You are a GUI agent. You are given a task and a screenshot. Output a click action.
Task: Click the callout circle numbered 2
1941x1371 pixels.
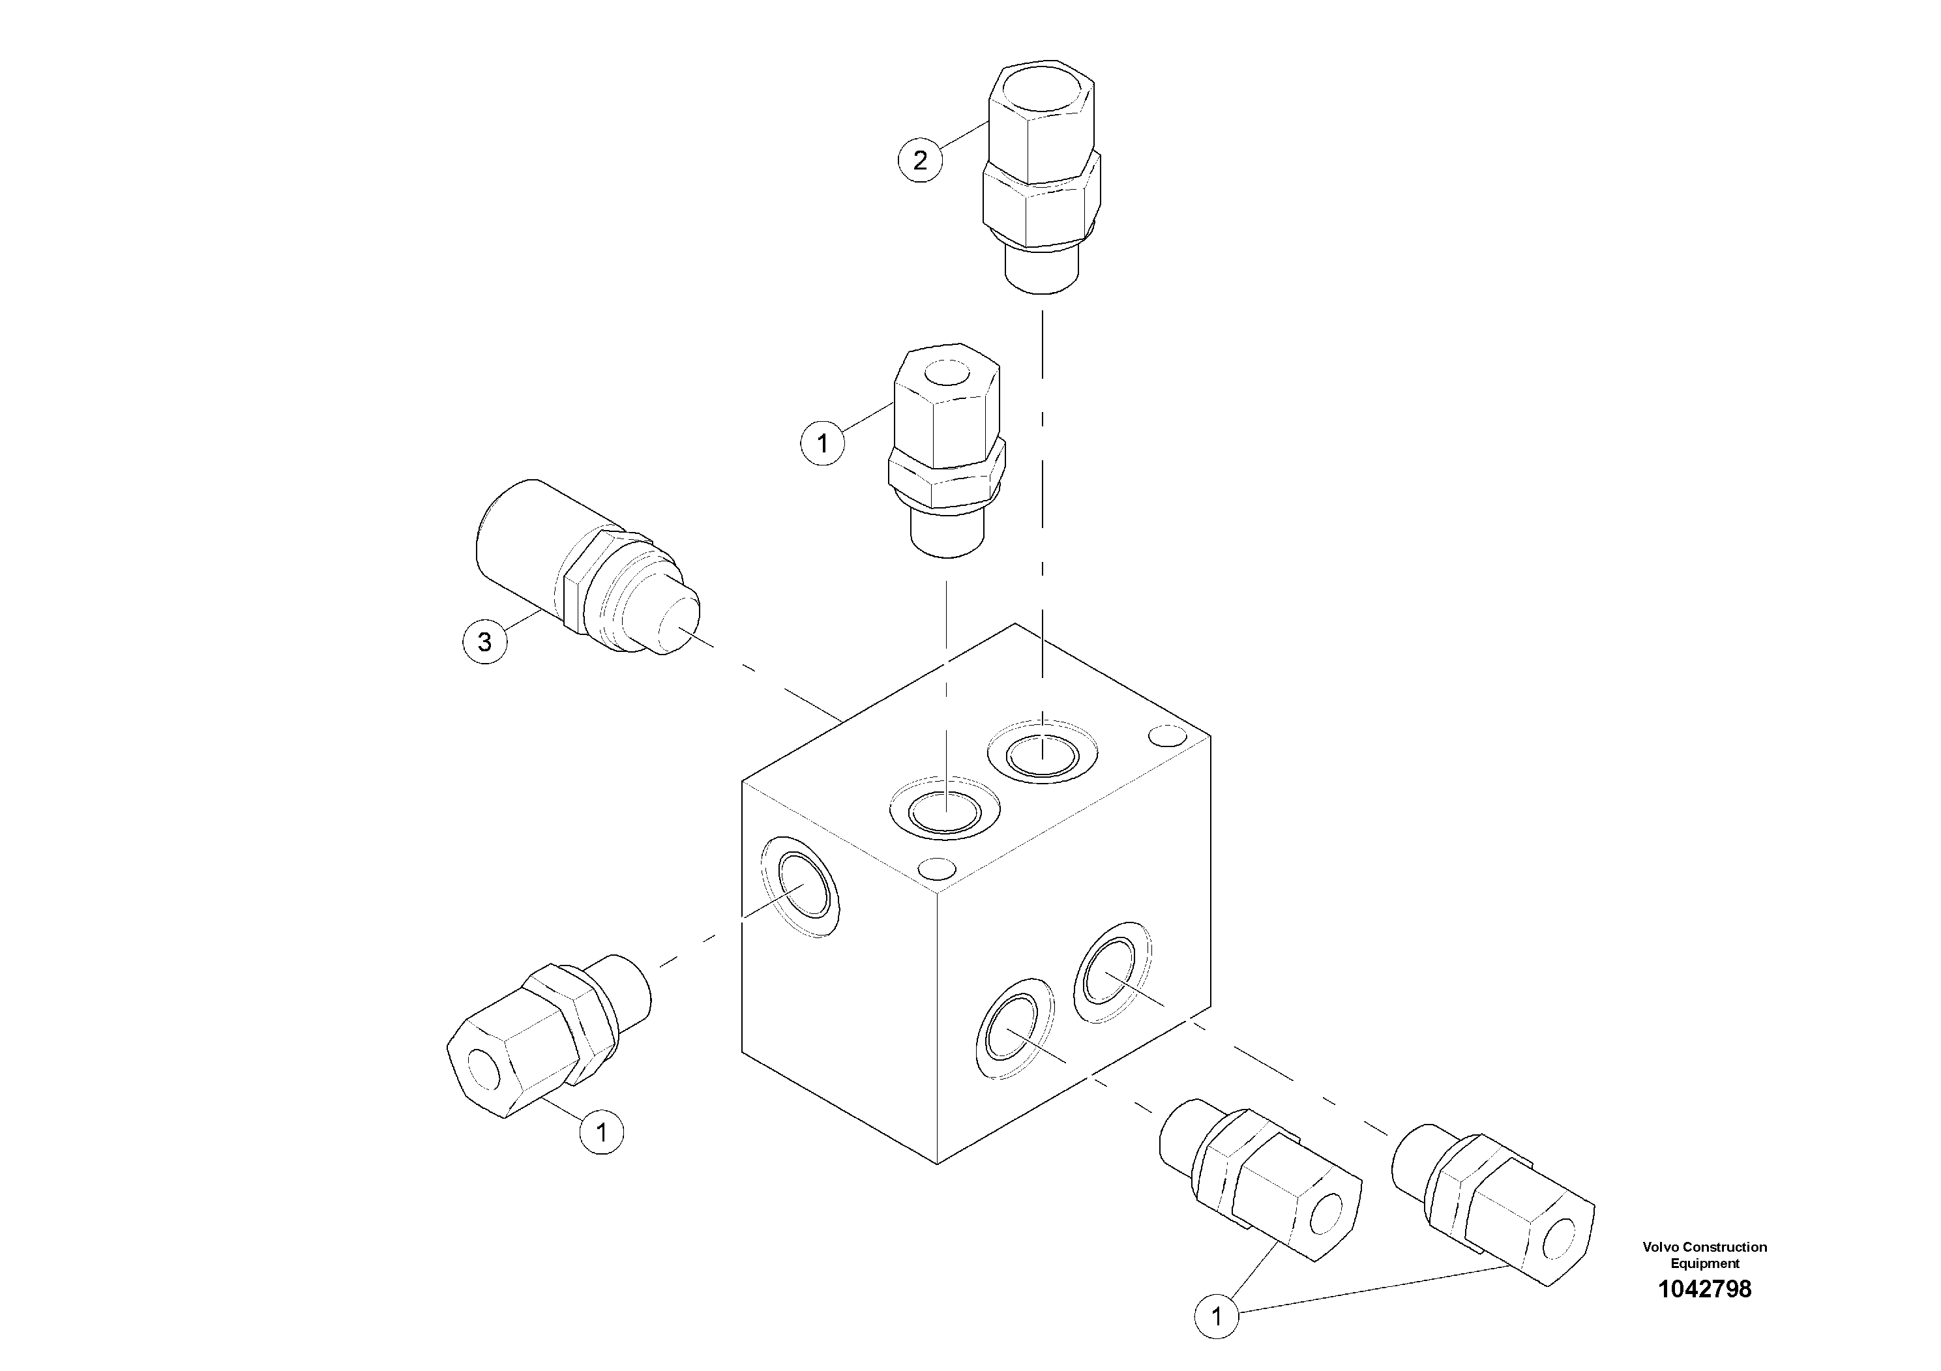(x=920, y=160)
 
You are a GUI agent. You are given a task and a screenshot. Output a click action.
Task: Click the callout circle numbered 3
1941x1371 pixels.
(x=484, y=641)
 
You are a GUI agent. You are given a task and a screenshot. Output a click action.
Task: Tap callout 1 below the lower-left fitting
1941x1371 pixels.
(x=601, y=1132)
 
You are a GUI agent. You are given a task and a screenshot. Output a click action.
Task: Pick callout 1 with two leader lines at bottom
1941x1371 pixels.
(x=1217, y=1316)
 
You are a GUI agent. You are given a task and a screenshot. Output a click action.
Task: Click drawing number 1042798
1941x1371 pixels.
(x=1704, y=1289)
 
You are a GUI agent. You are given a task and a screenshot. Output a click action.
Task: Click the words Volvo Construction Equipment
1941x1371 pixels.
(x=1704, y=1254)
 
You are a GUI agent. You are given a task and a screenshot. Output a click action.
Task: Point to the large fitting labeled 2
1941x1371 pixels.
(x=1041, y=177)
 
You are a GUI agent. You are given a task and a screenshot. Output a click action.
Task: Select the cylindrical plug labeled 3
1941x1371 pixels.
(x=584, y=575)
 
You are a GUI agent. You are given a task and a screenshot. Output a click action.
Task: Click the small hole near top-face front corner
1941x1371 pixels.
(x=937, y=868)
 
